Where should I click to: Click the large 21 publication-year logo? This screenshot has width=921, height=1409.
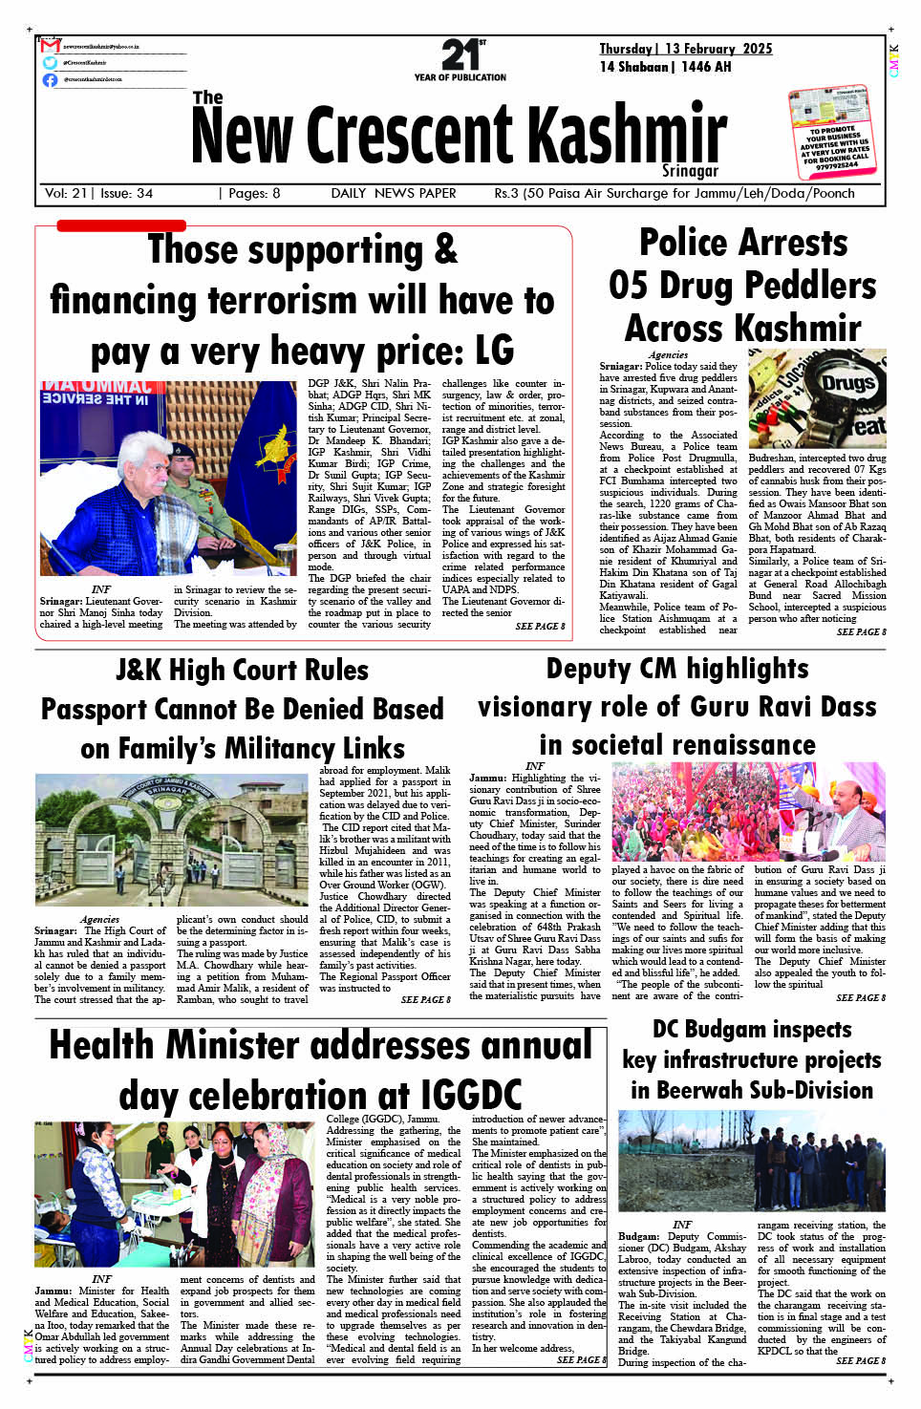tap(460, 55)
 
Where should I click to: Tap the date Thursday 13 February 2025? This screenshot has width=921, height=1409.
tap(685, 49)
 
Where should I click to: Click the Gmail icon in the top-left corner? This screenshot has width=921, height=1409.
tap(50, 46)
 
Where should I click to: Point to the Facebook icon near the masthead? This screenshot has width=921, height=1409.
tap(50, 79)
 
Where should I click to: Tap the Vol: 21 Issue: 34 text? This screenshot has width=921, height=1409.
tap(98, 193)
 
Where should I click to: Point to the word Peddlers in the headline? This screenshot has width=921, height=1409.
tap(811, 285)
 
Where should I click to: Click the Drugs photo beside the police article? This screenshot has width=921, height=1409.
tap(817, 398)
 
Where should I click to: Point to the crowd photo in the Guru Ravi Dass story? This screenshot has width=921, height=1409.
tap(748, 812)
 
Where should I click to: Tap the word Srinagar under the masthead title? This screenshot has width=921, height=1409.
tap(690, 171)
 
